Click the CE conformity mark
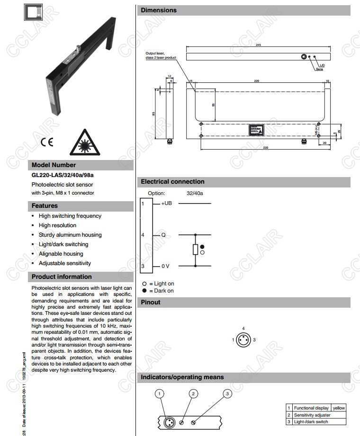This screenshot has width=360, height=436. point(47,142)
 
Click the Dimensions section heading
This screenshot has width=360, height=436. point(159,10)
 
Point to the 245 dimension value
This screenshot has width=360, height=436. point(258,45)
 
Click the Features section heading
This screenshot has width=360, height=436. point(45,206)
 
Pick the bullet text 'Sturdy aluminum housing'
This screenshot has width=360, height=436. point(70,235)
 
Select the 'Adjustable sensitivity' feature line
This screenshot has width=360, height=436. point(65,263)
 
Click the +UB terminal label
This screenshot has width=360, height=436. point(166,204)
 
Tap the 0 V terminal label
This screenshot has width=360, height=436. point(165,266)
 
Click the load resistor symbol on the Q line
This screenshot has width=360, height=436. point(195,249)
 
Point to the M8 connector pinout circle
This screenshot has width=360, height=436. point(243,340)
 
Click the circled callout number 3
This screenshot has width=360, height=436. point(227,394)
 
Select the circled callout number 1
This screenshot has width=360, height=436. point(160,394)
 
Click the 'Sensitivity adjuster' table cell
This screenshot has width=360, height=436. point(312,415)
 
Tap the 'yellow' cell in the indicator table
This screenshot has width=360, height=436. point(339,408)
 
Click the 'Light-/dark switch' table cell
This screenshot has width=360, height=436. point(311,421)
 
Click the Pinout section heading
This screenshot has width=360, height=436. point(151,303)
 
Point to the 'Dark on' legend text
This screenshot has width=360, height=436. point(164,291)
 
